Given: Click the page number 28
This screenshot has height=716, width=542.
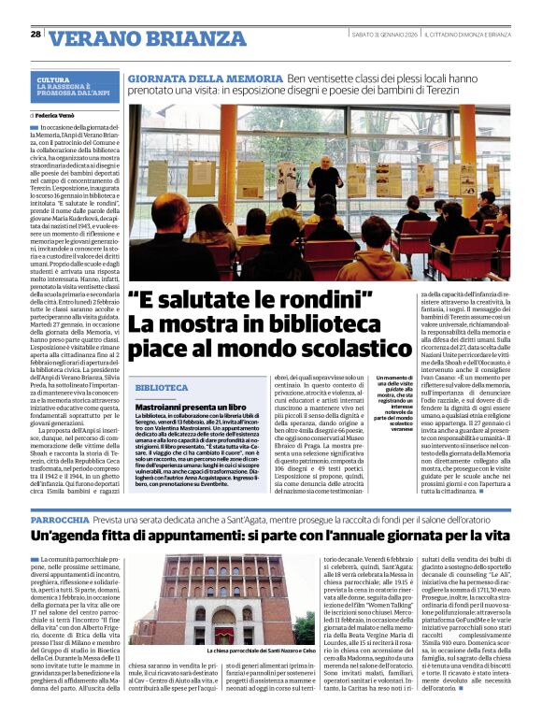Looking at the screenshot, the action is tap(36, 34).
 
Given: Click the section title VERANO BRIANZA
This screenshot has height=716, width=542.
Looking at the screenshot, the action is tap(135, 37).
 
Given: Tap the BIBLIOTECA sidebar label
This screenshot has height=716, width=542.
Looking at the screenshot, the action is tap(162, 387).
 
